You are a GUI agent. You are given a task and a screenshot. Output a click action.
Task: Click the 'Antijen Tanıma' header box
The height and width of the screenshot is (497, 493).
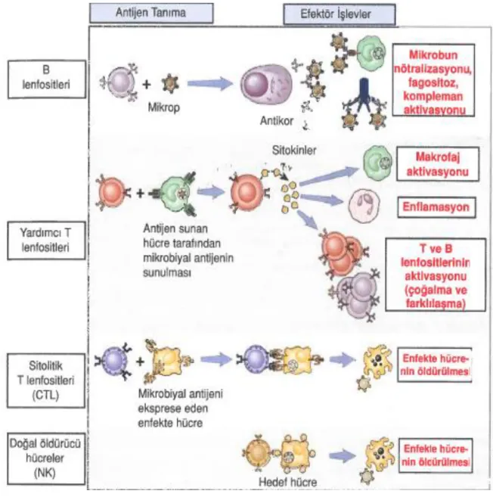151,13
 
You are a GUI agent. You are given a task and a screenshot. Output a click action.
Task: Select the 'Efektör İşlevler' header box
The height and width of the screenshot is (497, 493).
340,14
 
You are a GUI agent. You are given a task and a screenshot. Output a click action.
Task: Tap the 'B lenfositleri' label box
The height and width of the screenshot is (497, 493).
47,79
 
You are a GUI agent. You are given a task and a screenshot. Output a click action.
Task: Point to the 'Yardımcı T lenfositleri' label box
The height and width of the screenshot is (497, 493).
46,241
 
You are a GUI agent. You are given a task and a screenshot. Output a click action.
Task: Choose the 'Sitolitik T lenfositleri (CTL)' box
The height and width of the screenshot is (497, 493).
46,381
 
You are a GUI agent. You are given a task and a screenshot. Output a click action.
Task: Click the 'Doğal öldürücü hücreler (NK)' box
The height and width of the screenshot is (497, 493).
46,458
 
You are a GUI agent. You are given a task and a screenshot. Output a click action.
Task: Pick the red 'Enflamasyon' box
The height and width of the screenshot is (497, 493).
436,207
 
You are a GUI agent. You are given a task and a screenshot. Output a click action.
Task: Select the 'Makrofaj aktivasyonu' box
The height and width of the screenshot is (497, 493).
438,164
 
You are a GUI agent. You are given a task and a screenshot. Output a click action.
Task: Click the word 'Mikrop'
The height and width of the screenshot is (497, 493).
164,107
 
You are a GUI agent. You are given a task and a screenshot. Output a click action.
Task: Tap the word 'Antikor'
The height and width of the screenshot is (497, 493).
277,121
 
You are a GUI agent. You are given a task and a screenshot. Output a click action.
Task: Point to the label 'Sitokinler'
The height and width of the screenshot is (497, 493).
294,151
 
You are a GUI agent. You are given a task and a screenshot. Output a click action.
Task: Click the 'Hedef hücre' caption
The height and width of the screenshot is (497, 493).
287,482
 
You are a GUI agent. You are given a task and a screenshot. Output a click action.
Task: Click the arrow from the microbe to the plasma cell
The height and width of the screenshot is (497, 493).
210,84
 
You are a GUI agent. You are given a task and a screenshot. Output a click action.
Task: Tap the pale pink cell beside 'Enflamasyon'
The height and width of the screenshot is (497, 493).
364,206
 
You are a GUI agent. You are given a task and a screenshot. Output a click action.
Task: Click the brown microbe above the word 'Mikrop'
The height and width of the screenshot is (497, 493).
170,84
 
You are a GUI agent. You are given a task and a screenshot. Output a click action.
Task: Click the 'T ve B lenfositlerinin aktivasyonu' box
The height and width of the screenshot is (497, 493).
436,275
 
